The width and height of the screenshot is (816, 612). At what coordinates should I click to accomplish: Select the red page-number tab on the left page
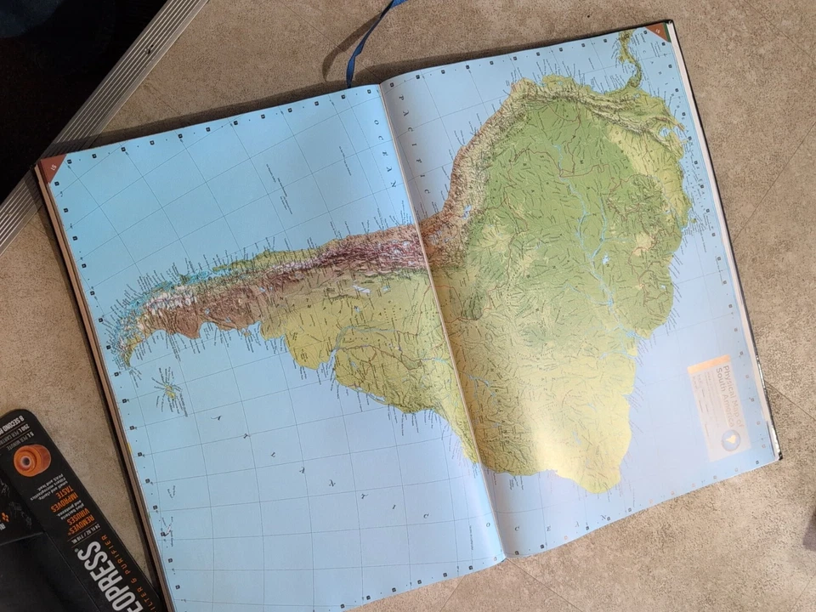point(52,166)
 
